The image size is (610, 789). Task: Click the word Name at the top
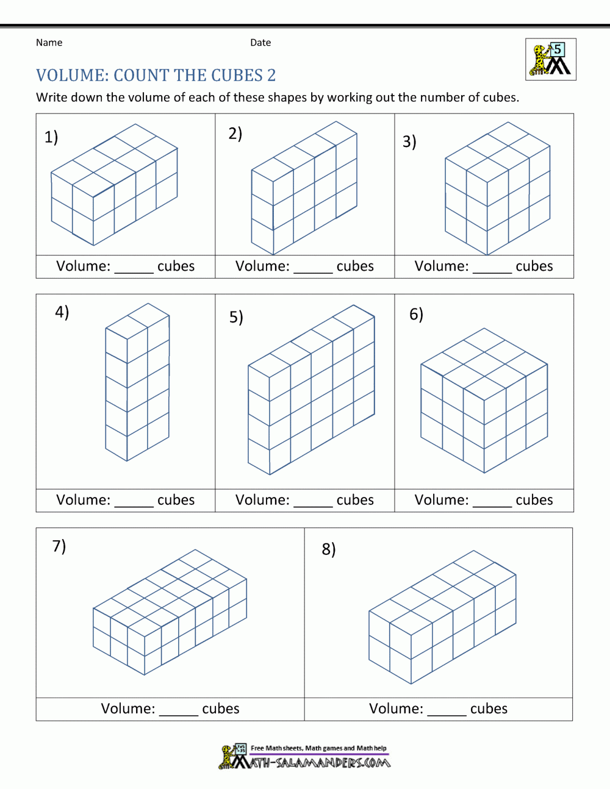tap(49, 43)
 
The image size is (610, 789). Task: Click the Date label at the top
tap(260, 43)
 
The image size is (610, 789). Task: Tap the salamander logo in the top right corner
tap(550, 60)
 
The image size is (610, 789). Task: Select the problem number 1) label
tap(51, 137)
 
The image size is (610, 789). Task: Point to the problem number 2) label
tap(235, 134)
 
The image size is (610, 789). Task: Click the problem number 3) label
tap(409, 141)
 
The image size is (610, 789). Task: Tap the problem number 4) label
tap(62, 312)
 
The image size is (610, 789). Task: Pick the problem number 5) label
tap(236, 317)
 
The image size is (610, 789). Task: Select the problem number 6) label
tap(416, 314)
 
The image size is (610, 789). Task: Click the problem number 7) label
tap(59, 546)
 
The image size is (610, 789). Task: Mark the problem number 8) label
tap(329, 549)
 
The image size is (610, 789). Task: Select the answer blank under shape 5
tap(313, 503)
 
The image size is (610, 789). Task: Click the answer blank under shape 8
tap(447, 712)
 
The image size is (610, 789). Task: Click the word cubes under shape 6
tap(534, 500)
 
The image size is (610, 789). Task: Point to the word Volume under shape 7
tap(127, 709)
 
